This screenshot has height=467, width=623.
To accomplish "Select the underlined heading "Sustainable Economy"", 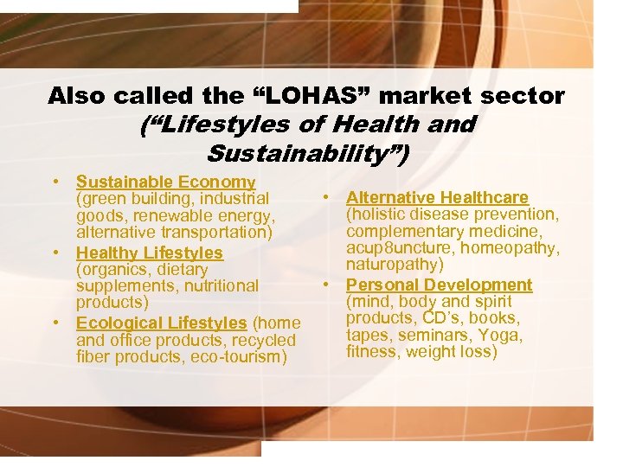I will pyautogui.click(x=165, y=182).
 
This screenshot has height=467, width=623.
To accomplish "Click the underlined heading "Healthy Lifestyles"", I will pyautogui.click(x=150, y=253).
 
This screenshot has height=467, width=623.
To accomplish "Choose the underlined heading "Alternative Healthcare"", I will pyautogui.click(x=437, y=198).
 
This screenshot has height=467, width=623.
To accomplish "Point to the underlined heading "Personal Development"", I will pyautogui.click(x=439, y=285).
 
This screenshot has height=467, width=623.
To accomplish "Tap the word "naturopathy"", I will pyautogui.click(x=395, y=265).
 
